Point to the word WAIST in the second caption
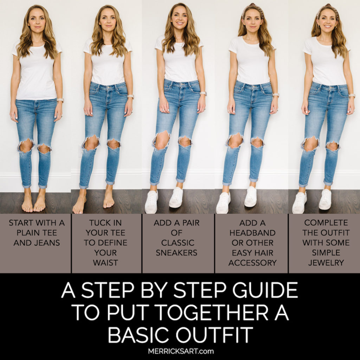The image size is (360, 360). [x=105, y=263]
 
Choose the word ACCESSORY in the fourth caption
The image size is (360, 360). [x=252, y=263]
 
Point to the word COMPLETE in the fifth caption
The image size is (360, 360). [x=326, y=223]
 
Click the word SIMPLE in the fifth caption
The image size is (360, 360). [x=326, y=253]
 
